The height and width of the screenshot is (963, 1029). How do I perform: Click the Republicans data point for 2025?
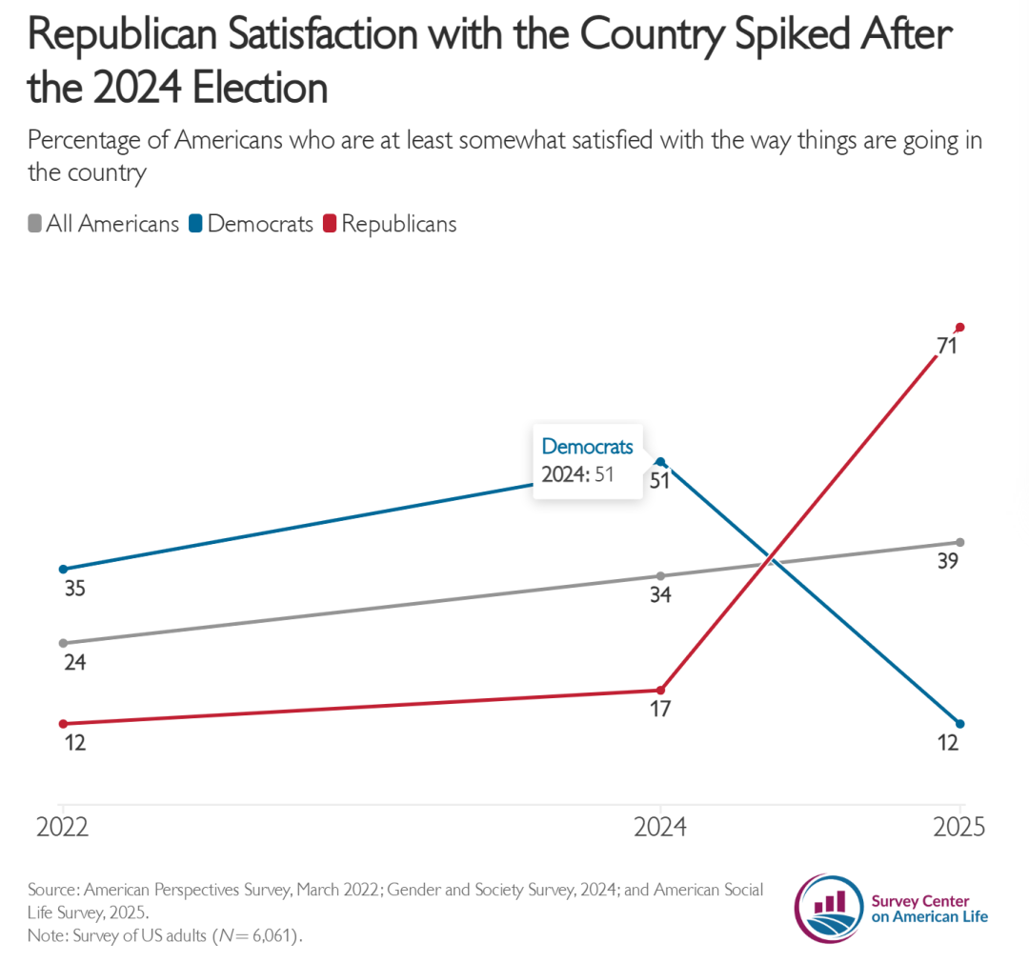tap(960, 327)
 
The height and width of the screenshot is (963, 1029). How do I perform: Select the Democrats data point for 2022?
tap(63, 569)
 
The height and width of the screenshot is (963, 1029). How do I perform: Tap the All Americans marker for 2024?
tap(660, 575)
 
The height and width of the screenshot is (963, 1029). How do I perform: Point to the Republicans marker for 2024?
tap(660, 690)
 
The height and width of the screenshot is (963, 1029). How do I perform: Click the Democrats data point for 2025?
tap(960, 723)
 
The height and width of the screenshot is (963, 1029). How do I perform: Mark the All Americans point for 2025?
tap(960, 542)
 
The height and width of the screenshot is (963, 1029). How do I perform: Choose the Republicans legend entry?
tap(390, 224)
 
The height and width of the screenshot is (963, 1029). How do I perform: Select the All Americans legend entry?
tap(104, 224)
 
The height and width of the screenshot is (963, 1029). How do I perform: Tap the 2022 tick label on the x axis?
tap(63, 827)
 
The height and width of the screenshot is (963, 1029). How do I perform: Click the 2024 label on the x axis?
tap(660, 827)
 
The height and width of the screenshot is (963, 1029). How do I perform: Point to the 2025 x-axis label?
tap(959, 827)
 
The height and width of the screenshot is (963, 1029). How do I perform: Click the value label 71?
tap(946, 347)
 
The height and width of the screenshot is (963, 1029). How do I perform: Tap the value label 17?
tap(660, 710)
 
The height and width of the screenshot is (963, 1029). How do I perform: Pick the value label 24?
tap(74, 662)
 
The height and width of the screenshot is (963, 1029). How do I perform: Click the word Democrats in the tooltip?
tap(587, 447)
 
